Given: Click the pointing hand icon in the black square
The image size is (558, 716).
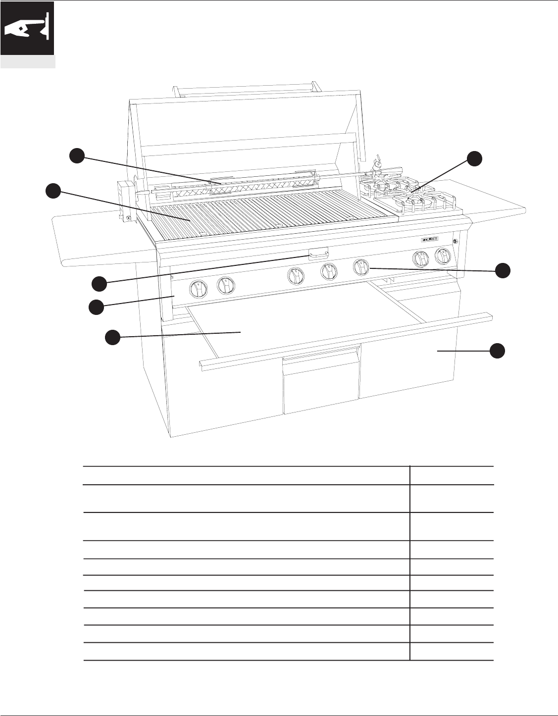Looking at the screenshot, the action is tap(27, 28).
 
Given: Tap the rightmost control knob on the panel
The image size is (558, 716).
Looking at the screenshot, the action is tap(442, 256).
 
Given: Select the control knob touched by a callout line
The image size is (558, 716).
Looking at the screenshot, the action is tap(360, 267).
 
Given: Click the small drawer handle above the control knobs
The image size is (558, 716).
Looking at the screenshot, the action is tap(318, 254).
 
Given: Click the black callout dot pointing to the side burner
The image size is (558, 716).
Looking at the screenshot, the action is tap(474, 158).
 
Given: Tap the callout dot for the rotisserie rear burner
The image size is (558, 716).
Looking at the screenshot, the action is tap(76, 155).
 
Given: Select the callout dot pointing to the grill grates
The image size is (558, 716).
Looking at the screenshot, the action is tap(52, 191).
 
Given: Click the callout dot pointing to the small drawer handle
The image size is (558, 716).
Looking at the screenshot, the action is tap(99, 284).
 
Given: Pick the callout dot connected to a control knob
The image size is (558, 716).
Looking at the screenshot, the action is tap(504, 270).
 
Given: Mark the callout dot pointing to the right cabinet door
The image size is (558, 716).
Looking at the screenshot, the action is tap(498, 351).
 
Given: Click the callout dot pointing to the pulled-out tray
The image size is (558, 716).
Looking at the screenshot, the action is tap(112, 337).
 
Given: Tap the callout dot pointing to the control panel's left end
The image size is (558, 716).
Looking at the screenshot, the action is tap(96, 307).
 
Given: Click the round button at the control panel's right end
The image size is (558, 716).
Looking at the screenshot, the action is tap(455, 241).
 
